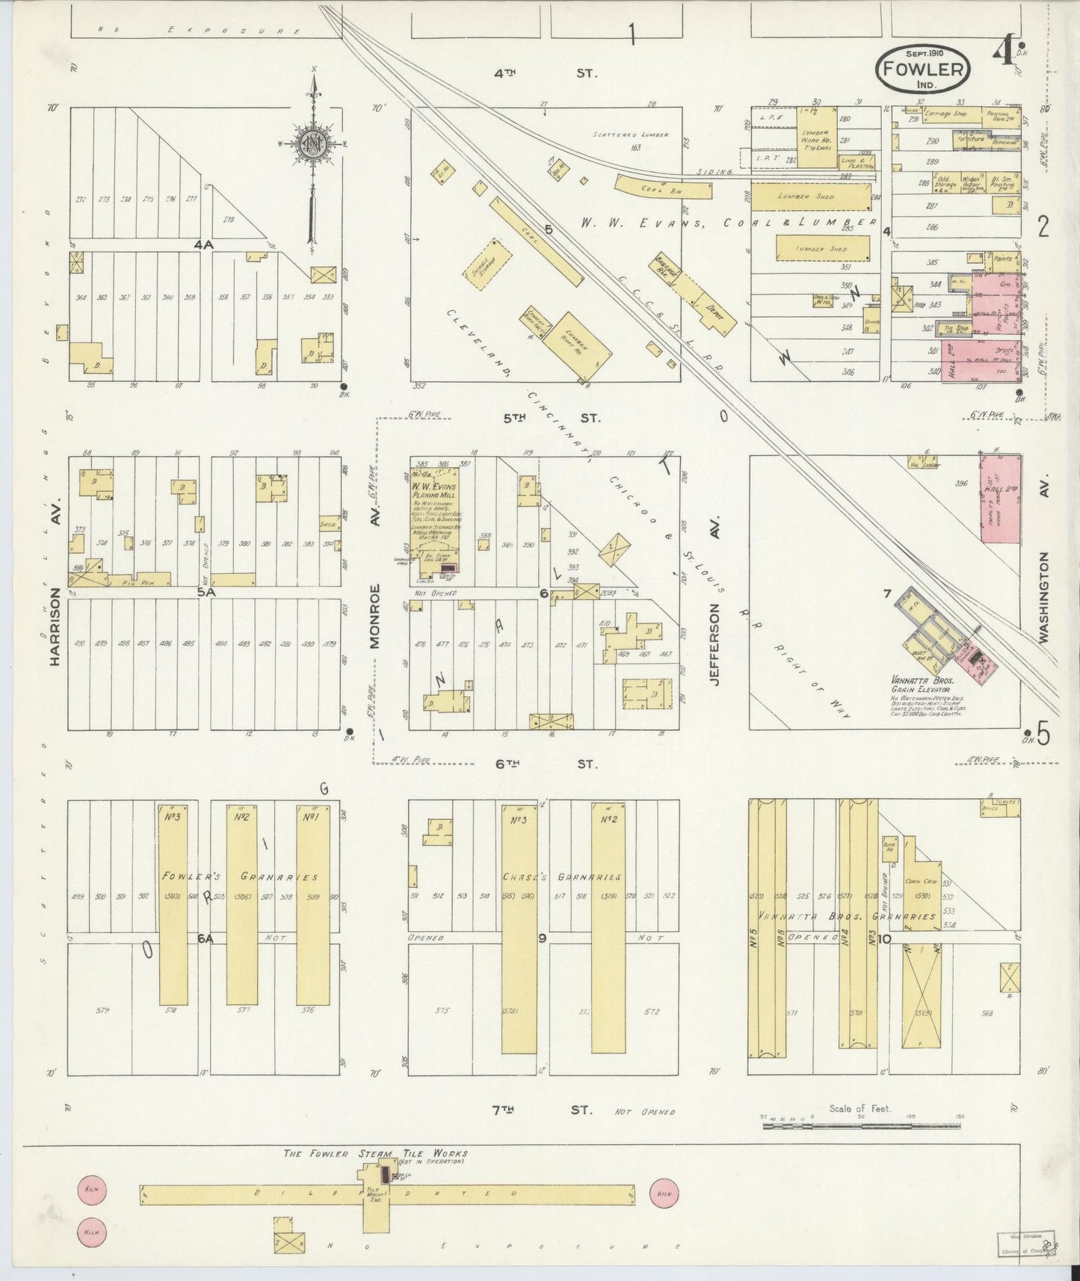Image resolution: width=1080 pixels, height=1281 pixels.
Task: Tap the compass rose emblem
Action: tap(310, 144)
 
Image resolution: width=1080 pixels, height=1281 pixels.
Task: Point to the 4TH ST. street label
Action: tap(545, 74)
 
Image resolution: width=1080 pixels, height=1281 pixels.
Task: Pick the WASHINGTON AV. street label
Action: tap(1043, 598)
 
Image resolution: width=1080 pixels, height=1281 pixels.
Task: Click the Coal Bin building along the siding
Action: tap(663, 187)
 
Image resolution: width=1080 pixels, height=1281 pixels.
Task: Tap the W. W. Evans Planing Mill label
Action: tap(434, 491)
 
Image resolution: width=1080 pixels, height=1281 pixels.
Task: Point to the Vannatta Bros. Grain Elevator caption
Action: tap(921, 685)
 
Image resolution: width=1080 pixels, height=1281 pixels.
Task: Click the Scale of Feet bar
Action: tap(861, 1122)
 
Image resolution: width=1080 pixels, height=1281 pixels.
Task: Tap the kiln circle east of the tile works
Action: tap(664, 1194)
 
